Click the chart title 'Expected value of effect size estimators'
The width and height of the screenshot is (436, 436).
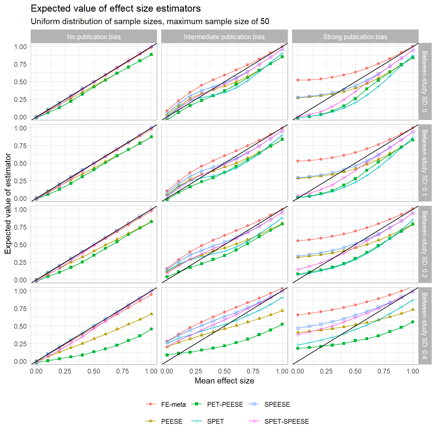116,9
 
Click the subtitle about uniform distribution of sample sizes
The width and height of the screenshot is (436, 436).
150,22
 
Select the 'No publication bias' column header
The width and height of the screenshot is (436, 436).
94,37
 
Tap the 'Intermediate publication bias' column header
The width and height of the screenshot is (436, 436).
224,37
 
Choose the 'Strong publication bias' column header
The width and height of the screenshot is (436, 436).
355,37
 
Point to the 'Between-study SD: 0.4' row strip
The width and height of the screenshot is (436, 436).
425,326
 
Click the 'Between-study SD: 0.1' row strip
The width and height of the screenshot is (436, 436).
425,163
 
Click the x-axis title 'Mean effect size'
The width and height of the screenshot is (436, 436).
224,381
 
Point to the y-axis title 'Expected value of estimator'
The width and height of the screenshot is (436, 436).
8,204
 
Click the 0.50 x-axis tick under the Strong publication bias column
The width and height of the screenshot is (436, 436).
355,371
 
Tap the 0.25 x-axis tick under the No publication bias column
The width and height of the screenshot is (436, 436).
65,371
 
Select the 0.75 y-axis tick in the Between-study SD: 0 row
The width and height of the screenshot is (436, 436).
20,64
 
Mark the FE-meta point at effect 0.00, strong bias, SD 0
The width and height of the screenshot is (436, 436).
298,80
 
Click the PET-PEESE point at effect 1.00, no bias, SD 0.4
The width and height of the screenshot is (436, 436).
151,329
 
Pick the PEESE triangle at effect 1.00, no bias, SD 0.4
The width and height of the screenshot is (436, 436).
151,314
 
